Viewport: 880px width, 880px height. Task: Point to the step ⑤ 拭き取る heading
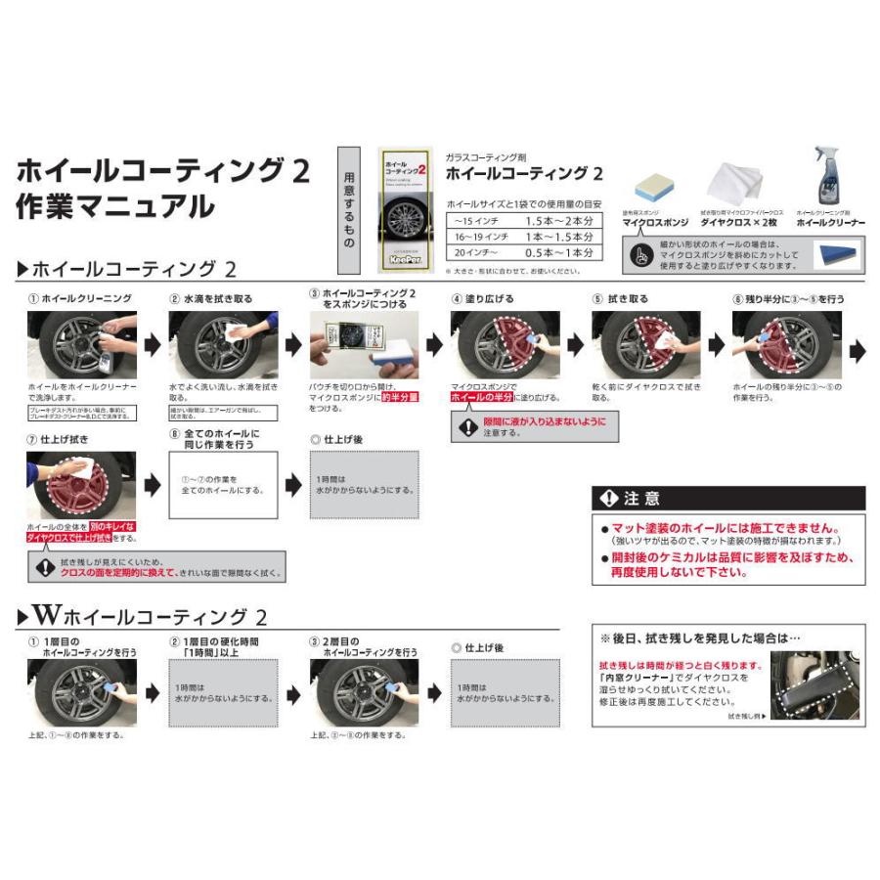[620, 298]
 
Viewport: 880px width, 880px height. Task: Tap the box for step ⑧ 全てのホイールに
[224, 486]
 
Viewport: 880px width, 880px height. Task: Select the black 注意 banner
[728, 499]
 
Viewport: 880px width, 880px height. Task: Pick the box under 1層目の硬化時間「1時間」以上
[223, 694]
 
